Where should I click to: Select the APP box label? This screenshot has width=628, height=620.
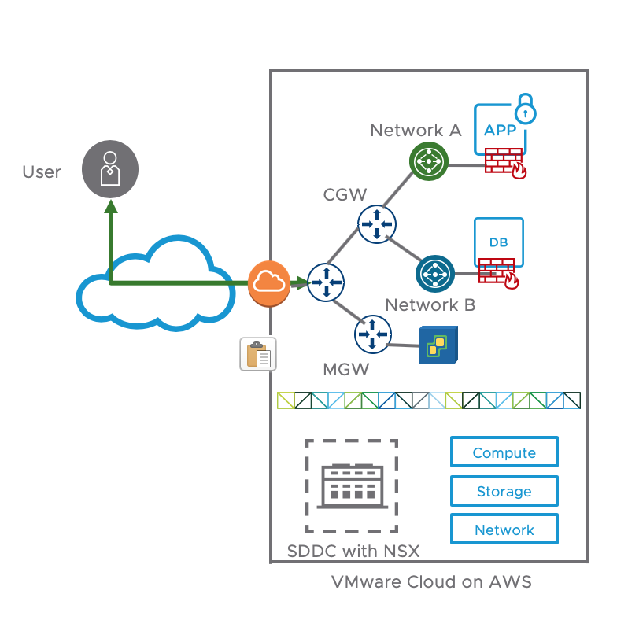pos(500,131)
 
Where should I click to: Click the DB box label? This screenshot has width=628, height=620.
pos(499,242)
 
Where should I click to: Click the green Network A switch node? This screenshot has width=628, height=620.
pos(429,162)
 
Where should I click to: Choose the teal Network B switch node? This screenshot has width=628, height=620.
pos(435,274)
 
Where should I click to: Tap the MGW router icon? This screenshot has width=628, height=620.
pos(372,334)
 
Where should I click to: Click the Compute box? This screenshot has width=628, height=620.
pos(504,453)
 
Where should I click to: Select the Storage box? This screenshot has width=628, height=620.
pos(504,492)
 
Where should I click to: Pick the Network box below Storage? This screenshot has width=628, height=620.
pos(504,530)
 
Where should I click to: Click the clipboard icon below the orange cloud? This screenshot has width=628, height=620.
pos(258,355)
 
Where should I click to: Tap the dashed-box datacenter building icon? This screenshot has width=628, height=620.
pos(351,486)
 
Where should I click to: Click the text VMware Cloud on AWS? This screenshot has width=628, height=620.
pos(431,582)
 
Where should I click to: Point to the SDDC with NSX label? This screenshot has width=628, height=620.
pos(353,551)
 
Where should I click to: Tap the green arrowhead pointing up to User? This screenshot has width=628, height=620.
pos(111,206)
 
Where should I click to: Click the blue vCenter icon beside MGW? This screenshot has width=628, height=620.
pos(436,345)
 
